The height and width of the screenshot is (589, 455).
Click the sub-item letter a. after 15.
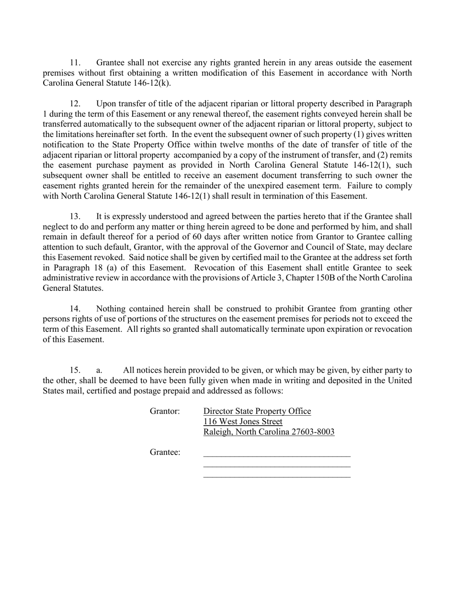pos(99,370)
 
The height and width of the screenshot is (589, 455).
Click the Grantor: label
pos(165,411)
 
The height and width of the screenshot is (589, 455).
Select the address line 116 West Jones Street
pos(243,422)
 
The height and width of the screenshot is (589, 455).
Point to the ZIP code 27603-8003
pos(312,432)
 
